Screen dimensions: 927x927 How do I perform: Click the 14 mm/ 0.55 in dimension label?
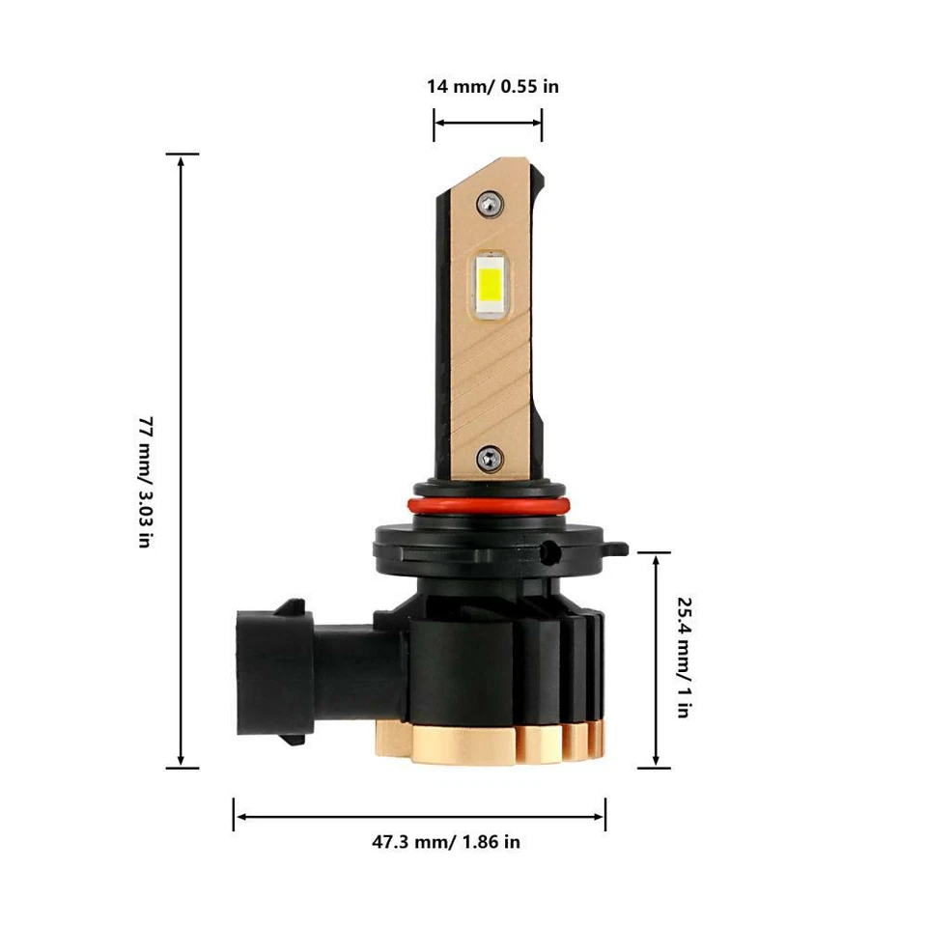tap(492, 87)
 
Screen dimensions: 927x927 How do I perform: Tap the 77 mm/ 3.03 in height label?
tap(144, 483)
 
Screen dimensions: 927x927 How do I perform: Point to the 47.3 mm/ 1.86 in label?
tap(446, 842)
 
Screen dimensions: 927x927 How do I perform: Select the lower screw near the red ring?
tap(491, 458)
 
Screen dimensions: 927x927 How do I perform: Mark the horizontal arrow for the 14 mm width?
tap(488, 124)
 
